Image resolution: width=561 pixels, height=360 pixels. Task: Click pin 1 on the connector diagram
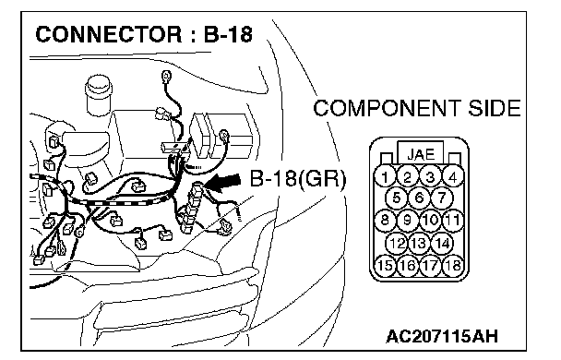coord(385,177)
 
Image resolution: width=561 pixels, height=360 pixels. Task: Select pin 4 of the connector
coord(453,177)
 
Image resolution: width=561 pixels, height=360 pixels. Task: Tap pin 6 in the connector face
coord(419,198)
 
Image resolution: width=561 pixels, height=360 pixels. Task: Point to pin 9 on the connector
coord(408,220)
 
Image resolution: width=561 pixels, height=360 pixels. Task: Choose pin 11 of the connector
coord(453,220)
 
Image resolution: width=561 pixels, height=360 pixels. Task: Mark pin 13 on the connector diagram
coord(419,243)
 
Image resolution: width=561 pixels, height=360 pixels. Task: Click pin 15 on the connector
coord(385,265)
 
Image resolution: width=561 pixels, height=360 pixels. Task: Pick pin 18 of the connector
coord(453,265)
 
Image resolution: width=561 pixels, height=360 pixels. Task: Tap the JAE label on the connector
coord(421,154)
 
